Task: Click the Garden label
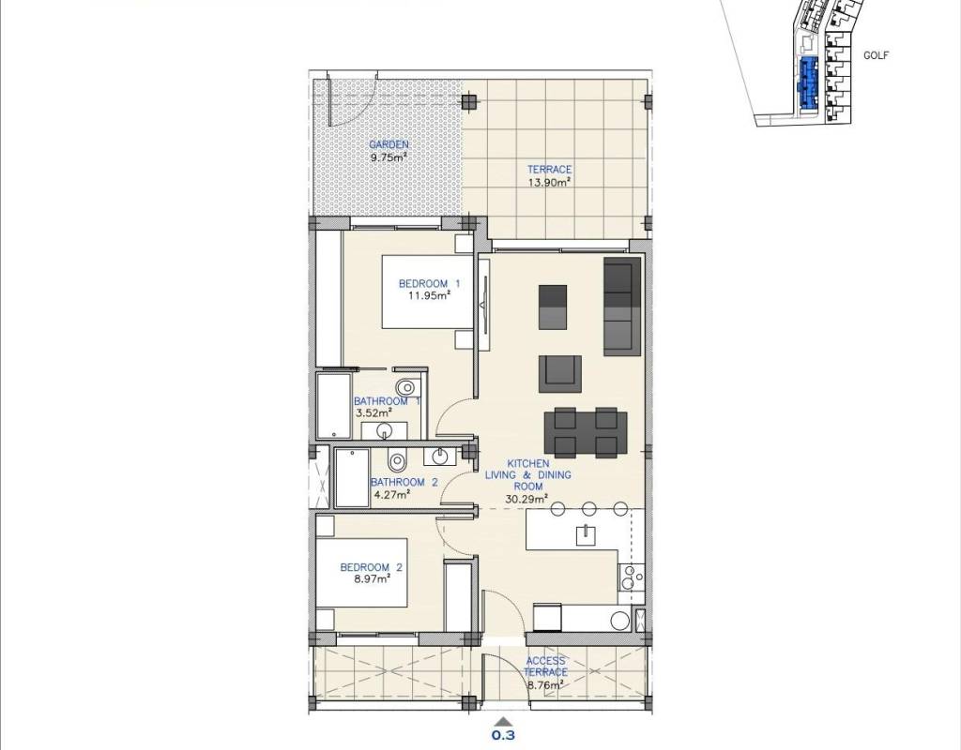pyautogui.click(x=389, y=144)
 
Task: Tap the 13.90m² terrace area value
pyautogui.click(x=550, y=182)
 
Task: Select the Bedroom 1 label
pyautogui.click(x=429, y=283)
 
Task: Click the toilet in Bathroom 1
pyautogui.click(x=405, y=387)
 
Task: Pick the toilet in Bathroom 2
pyautogui.click(x=398, y=458)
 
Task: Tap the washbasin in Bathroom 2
pyautogui.click(x=439, y=457)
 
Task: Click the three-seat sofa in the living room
pyautogui.click(x=622, y=307)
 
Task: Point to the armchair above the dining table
pyautogui.click(x=560, y=374)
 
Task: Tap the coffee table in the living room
pyautogui.click(x=553, y=307)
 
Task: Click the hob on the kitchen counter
pyautogui.click(x=631, y=577)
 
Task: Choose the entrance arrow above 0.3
pyautogui.click(x=503, y=722)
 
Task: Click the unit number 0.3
pyautogui.click(x=503, y=735)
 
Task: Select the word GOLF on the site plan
pyautogui.click(x=876, y=55)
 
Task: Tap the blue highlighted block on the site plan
pyautogui.click(x=808, y=82)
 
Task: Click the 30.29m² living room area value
pyautogui.click(x=526, y=499)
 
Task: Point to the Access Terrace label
pyautogui.click(x=545, y=667)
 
